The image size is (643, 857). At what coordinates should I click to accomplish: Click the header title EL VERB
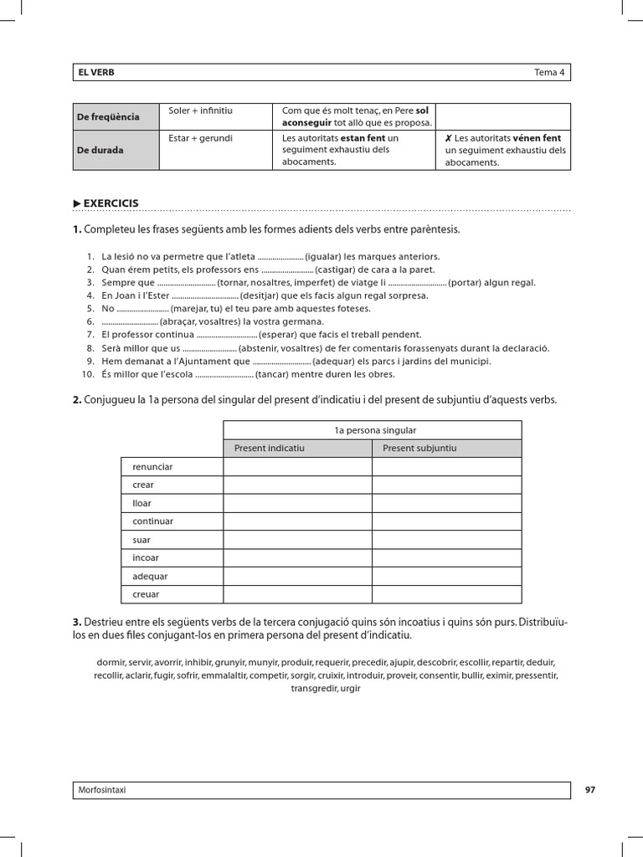[96, 73]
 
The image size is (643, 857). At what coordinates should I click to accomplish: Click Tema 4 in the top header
[549, 73]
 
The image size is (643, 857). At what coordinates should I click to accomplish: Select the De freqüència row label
[109, 116]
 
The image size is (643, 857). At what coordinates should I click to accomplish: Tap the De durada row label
[100, 150]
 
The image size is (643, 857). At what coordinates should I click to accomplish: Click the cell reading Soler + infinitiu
[200, 110]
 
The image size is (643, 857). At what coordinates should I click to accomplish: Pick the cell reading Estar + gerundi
[200, 138]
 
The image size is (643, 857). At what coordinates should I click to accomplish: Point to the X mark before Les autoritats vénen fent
[449, 138]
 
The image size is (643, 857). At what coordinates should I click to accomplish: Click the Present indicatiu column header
[269, 449]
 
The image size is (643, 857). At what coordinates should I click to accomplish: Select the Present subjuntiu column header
[419, 449]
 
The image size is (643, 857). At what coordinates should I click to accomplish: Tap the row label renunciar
[152, 467]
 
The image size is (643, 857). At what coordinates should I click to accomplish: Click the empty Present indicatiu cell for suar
[297, 540]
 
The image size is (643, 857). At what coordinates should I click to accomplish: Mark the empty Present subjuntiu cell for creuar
[446, 594]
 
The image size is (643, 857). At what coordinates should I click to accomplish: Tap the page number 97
[589, 790]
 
